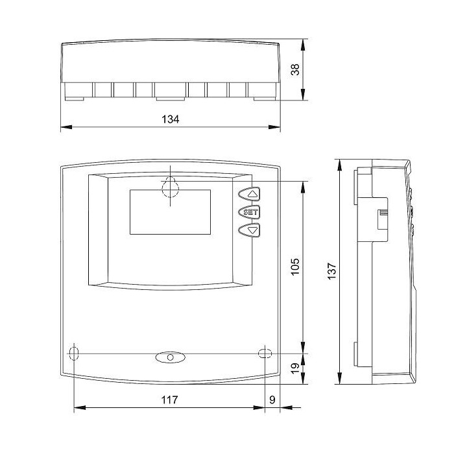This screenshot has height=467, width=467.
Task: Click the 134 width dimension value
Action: point(171,119)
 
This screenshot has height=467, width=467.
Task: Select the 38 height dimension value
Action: point(295,69)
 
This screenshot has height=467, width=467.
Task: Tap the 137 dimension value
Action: point(331,270)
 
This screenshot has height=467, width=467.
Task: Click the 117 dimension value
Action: point(169,400)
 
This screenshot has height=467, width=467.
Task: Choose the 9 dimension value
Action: point(272,400)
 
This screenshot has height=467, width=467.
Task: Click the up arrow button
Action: point(249,194)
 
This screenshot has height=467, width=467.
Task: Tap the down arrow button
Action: point(249,230)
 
